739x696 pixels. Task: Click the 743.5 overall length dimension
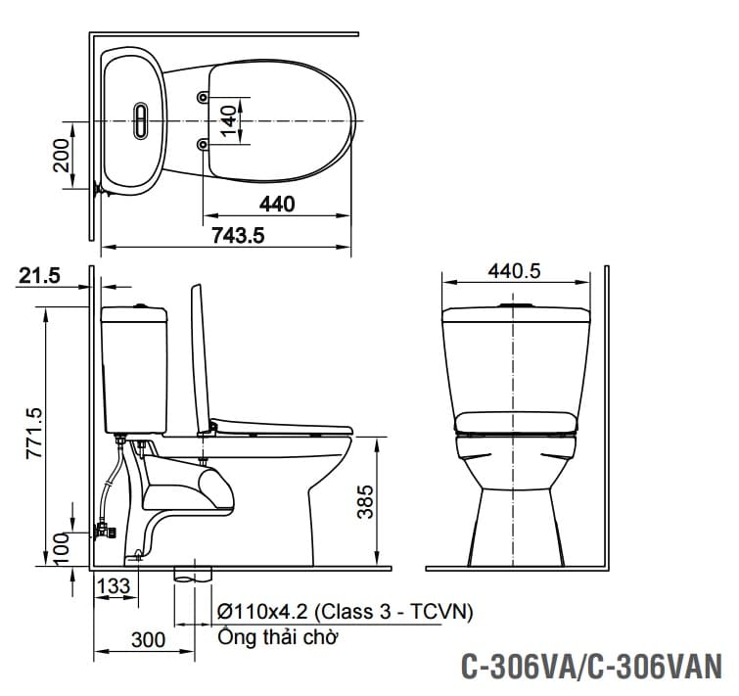click(239, 236)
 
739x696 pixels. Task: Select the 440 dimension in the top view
click(277, 204)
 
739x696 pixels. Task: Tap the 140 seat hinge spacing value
click(228, 120)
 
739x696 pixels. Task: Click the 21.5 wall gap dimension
click(39, 277)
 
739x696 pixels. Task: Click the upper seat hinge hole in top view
click(203, 98)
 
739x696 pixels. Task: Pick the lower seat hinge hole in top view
click(203, 145)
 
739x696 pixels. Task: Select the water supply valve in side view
click(103, 532)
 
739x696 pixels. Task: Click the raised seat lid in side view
click(201, 357)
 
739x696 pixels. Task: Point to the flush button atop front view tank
click(515, 307)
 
